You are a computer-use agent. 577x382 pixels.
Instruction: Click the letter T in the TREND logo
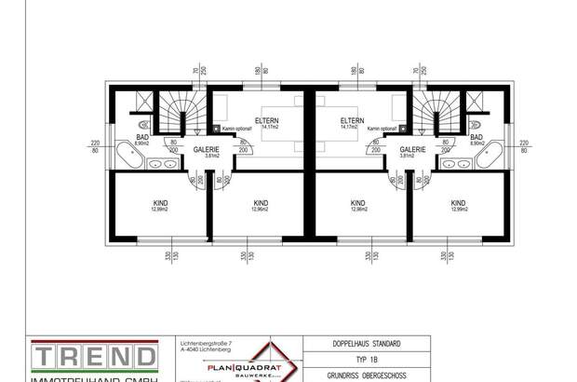43,358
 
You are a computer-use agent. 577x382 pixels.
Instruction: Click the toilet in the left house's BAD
141,123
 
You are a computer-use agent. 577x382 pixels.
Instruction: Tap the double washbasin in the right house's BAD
456,164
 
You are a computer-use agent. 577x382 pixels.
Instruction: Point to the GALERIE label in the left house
206,149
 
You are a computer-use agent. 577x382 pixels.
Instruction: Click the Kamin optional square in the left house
216,129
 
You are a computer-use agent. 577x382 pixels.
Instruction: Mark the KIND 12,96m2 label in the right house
358,206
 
